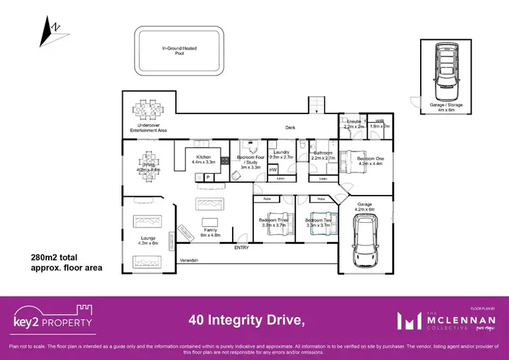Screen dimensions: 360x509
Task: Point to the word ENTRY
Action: (x=242, y=248)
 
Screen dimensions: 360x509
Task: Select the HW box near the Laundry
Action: (x=274, y=170)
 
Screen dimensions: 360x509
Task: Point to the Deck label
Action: (x=290, y=127)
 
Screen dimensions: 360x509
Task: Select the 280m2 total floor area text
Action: (x=67, y=263)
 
